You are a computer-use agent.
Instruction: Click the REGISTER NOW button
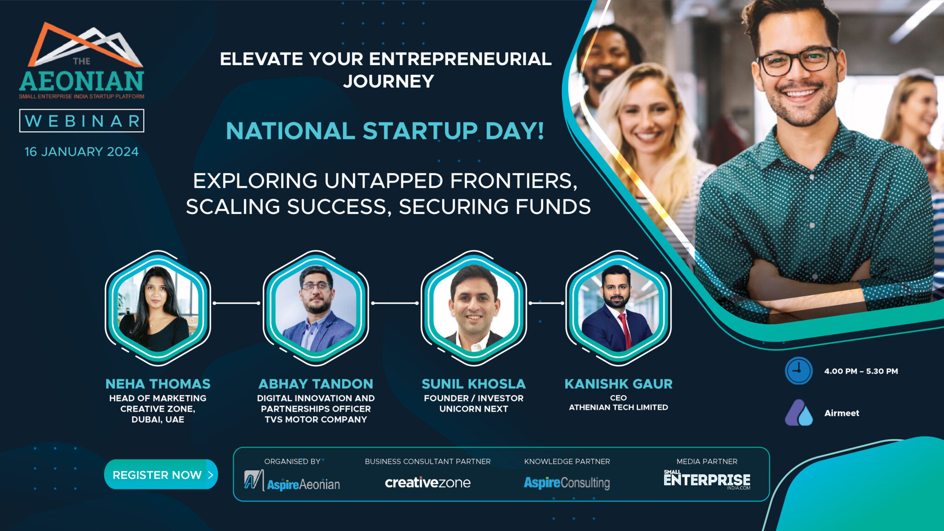pyautogui.click(x=161, y=474)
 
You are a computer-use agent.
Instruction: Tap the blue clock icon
pyautogui.click(x=798, y=371)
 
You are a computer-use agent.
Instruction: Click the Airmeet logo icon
pyautogui.click(x=799, y=413)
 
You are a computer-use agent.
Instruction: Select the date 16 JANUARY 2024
pyautogui.click(x=82, y=152)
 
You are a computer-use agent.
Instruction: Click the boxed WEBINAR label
pyautogui.click(x=82, y=121)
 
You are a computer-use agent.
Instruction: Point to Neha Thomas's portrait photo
pyautogui.click(x=158, y=308)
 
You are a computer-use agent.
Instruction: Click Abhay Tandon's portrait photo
pyautogui.click(x=316, y=308)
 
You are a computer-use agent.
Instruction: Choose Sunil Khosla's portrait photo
pyautogui.click(x=473, y=308)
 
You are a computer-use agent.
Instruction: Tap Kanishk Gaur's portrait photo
pyautogui.click(x=618, y=308)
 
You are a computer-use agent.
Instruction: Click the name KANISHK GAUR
pyautogui.click(x=619, y=384)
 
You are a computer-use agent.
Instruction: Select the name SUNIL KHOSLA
pyautogui.click(x=473, y=384)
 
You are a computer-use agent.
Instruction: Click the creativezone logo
pyautogui.click(x=428, y=482)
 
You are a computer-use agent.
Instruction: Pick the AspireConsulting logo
pyautogui.click(x=567, y=483)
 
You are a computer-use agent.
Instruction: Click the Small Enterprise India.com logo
pyautogui.click(x=707, y=479)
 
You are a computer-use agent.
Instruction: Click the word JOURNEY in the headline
pyautogui.click(x=389, y=82)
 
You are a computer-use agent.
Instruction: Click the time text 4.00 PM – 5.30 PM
pyautogui.click(x=861, y=371)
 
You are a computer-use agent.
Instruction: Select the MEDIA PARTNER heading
pyautogui.click(x=707, y=461)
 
